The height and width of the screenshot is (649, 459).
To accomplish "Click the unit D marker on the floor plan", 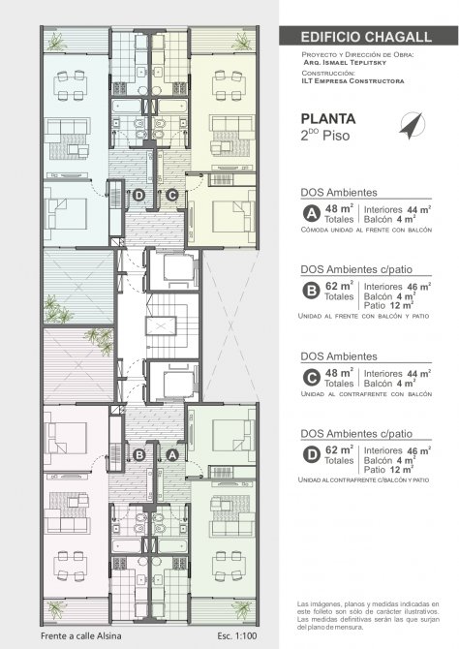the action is coord(138,195).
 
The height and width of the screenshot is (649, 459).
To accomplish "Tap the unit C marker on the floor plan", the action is coord(171,195).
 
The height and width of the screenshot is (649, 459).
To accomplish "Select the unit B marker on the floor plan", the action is coord(139,455).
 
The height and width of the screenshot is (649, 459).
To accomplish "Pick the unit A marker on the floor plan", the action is coord(172,455).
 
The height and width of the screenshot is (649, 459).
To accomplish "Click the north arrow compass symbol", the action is coord(413,125).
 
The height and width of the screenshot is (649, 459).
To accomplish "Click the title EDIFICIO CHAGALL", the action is coord(366,37).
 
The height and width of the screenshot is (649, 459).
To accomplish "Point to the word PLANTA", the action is coord(328,119).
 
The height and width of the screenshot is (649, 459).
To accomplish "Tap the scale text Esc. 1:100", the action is coord(236,635).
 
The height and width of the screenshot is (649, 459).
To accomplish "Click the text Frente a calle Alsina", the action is coord(81,635).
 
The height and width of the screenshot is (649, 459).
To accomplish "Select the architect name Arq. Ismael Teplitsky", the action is coord(345,63).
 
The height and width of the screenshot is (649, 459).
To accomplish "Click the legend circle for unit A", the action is coord(311,214).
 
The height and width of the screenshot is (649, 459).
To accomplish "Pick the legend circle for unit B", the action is coord(311,291).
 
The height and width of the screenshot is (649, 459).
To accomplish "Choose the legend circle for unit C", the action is coord(311,378).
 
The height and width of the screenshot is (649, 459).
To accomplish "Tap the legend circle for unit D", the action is coord(311,455).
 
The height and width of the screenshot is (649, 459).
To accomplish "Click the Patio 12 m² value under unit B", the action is coord(388,305).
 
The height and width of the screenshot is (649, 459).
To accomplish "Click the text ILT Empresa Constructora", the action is coord(352,81).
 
